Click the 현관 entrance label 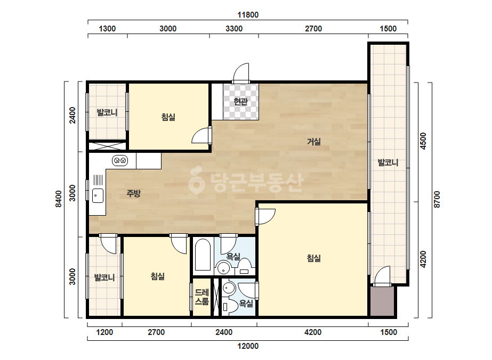[x=240, y=102]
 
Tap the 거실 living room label [x=314, y=142]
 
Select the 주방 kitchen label [x=134, y=193]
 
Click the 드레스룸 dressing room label [x=202, y=297]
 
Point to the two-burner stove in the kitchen [x=120, y=160]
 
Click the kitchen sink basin [x=98, y=196]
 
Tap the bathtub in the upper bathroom [x=203, y=255]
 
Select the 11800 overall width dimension [x=247, y=15]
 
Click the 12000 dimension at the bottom [x=248, y=346]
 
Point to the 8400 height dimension [x=59, y=199]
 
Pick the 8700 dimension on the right [x=437, y=199]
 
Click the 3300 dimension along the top [x=234, y=29]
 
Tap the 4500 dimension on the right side [x=423, y=141]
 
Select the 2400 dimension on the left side [x=72, y=115]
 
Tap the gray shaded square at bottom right [x=382, y=301]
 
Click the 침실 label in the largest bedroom [x=314, y=258]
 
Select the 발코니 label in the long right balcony [x=388, y=162]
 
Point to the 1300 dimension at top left [x=107, y=29]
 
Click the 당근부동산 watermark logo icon [x=196, y=181]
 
